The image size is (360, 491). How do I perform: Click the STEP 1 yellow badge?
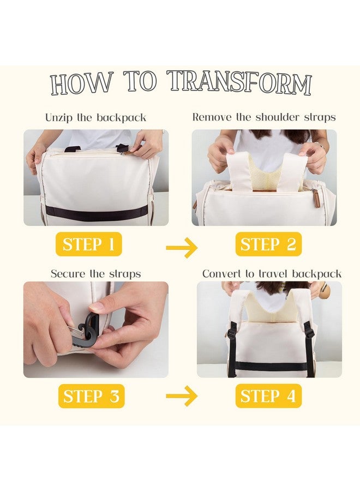pyautogui.click(x=88, y=244)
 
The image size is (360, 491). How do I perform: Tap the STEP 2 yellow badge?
pyautogui.click(x=268, y=244)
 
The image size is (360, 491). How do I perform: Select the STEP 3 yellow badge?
pyautogui.click(x=91, y=396)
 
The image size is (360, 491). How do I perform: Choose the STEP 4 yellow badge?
pyautogui.click(x=268, y=396)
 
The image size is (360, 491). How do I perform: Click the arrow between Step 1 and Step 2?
pyautogui.click(x=182, y=248)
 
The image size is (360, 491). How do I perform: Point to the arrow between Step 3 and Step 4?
pyautogui.click(x=182, y=396)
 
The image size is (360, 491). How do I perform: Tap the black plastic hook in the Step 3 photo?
pyautogui.click(x=85, y=328)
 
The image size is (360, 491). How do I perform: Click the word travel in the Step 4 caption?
pyautogui.click(x=272, y=274)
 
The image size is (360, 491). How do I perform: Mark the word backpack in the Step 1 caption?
pyautogui.click(x=121, y=118)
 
